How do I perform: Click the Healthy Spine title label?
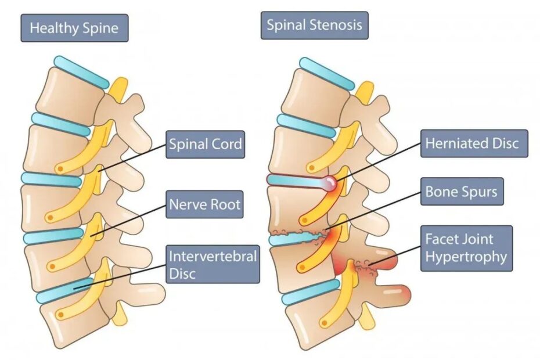pyautogui.click(x=74, y=27)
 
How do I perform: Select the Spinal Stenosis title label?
pyautogui.click(x=314, y=26)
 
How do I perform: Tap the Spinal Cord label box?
pyautogui.click(x=205, y=144)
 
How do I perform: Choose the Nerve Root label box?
pyautogui.click(x=204, y=204)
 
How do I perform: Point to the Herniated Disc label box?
pyautogui.click(x=471, y=143)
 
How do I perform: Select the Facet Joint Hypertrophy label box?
pyautogui.click(x=467, y=248)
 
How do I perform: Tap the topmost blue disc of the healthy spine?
pyautogui.click(x=81, y=72)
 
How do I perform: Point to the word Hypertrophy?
pyautogui.click(x=466, y=257)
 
